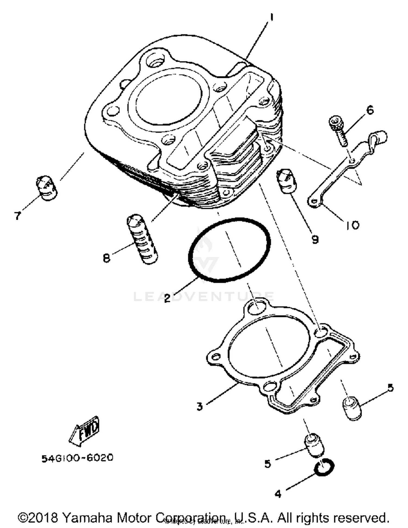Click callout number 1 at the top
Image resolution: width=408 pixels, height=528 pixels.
click(x=271, y=18)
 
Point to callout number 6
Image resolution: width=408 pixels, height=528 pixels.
click(x=370, y=110)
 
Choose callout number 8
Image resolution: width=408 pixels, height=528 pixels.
click(x=107, y=257)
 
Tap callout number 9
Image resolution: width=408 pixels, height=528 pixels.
click(x=315, y=240)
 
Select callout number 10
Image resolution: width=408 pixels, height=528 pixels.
click(x=353, y=225)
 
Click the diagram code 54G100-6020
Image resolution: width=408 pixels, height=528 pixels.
click(x=77, y=458)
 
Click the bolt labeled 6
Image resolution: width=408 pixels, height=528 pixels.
click(x=337, y=130)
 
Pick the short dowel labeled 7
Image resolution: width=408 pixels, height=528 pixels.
click(x=46, y=188)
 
